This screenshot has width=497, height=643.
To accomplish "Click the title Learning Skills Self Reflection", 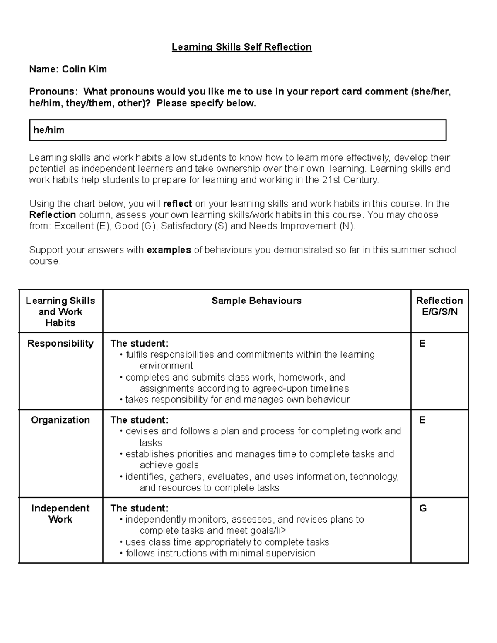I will [241, 47].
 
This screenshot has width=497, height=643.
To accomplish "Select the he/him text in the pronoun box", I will [49, 130].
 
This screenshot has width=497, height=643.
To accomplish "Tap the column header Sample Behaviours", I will [256, 301].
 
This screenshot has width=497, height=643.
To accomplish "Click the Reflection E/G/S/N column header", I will [439, 306].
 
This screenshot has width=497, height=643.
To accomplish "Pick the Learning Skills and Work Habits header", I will [60, 312].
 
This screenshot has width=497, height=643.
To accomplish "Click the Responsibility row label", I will [60, 344].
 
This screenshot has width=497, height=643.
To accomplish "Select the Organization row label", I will [60, 420].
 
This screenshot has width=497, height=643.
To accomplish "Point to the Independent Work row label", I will [60, 514].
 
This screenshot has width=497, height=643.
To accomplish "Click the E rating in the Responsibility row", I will [422, 344].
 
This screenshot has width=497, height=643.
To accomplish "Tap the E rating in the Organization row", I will [422, 420].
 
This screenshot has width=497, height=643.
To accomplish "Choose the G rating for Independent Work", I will [423, 508].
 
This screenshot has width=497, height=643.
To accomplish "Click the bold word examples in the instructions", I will [169, 250].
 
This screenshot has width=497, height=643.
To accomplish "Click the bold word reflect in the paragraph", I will [178, 204].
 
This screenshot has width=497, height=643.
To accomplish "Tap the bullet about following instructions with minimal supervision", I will [220, 554].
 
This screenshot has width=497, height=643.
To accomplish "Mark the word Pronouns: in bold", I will [53, 92].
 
